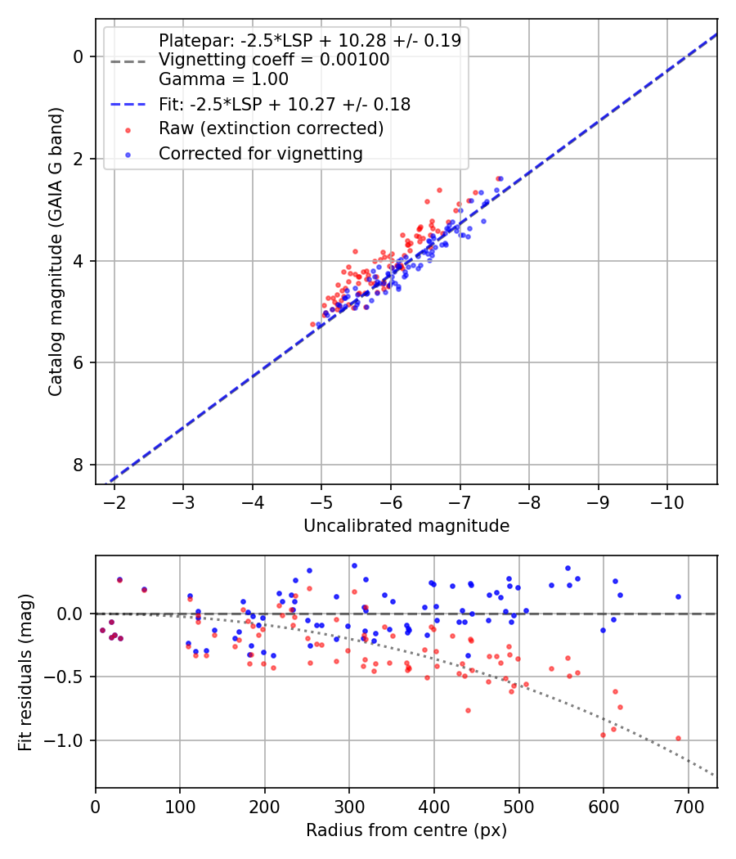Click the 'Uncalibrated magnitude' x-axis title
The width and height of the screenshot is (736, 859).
click(x=406, y=526)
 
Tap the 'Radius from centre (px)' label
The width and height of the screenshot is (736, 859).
click(x=406, y=830)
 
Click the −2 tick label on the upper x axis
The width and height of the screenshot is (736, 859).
click(x=114, y=500)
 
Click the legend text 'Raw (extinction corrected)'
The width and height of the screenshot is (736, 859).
click(x=271, y=128)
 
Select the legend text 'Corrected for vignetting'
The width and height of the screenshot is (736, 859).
click(x=261, y=153)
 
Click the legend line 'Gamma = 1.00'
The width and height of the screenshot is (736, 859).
click(x=223, y=79)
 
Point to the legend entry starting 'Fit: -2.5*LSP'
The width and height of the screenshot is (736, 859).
click(x=285, y=104)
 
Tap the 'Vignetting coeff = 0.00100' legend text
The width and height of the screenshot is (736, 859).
click(x=274, y=60)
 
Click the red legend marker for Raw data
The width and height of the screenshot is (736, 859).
click(x=127, y=129)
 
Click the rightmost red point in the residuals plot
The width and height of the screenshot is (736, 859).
click(x=678, y=738)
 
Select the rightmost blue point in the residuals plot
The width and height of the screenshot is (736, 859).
click(x=678, y=596)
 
